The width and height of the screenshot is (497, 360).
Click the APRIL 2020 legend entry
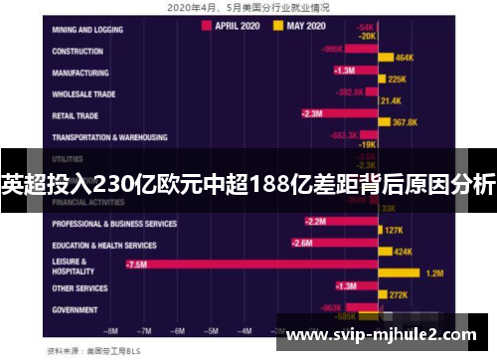coord(236,26)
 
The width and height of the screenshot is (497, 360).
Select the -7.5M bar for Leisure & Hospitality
coord(248,264)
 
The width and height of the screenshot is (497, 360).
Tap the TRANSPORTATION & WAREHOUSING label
coord(109,137)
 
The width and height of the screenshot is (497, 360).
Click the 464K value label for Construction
coord(404,58)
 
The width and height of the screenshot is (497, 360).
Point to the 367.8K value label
coord(405,122)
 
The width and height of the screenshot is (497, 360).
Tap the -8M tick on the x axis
coord(111,330)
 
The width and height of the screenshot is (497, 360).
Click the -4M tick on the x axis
coord(244,330)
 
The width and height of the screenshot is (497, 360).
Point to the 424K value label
coord(403,252)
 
